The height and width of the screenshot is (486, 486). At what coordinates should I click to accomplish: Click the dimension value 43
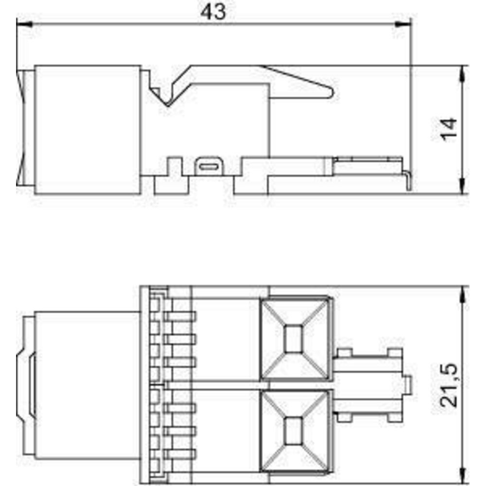pyautogui.click(x=213, y=12)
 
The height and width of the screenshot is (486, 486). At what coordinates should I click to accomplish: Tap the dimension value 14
pyautogui.click(x=449, y=130)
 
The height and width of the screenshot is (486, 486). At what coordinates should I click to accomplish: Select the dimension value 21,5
pyautogui.click(x=449, y=385)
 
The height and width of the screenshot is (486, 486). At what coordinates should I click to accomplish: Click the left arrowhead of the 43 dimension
pyautogui.click(x=24, y=24)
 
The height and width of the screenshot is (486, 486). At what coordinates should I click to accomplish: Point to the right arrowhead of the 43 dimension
pyautogui.click(x=403, y=24)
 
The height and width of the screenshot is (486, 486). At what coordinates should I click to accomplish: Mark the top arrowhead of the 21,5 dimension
pyautogui.click(x=463, y=294)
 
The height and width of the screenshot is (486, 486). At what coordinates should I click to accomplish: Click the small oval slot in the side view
pyautogui.click(x=209, y=167)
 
